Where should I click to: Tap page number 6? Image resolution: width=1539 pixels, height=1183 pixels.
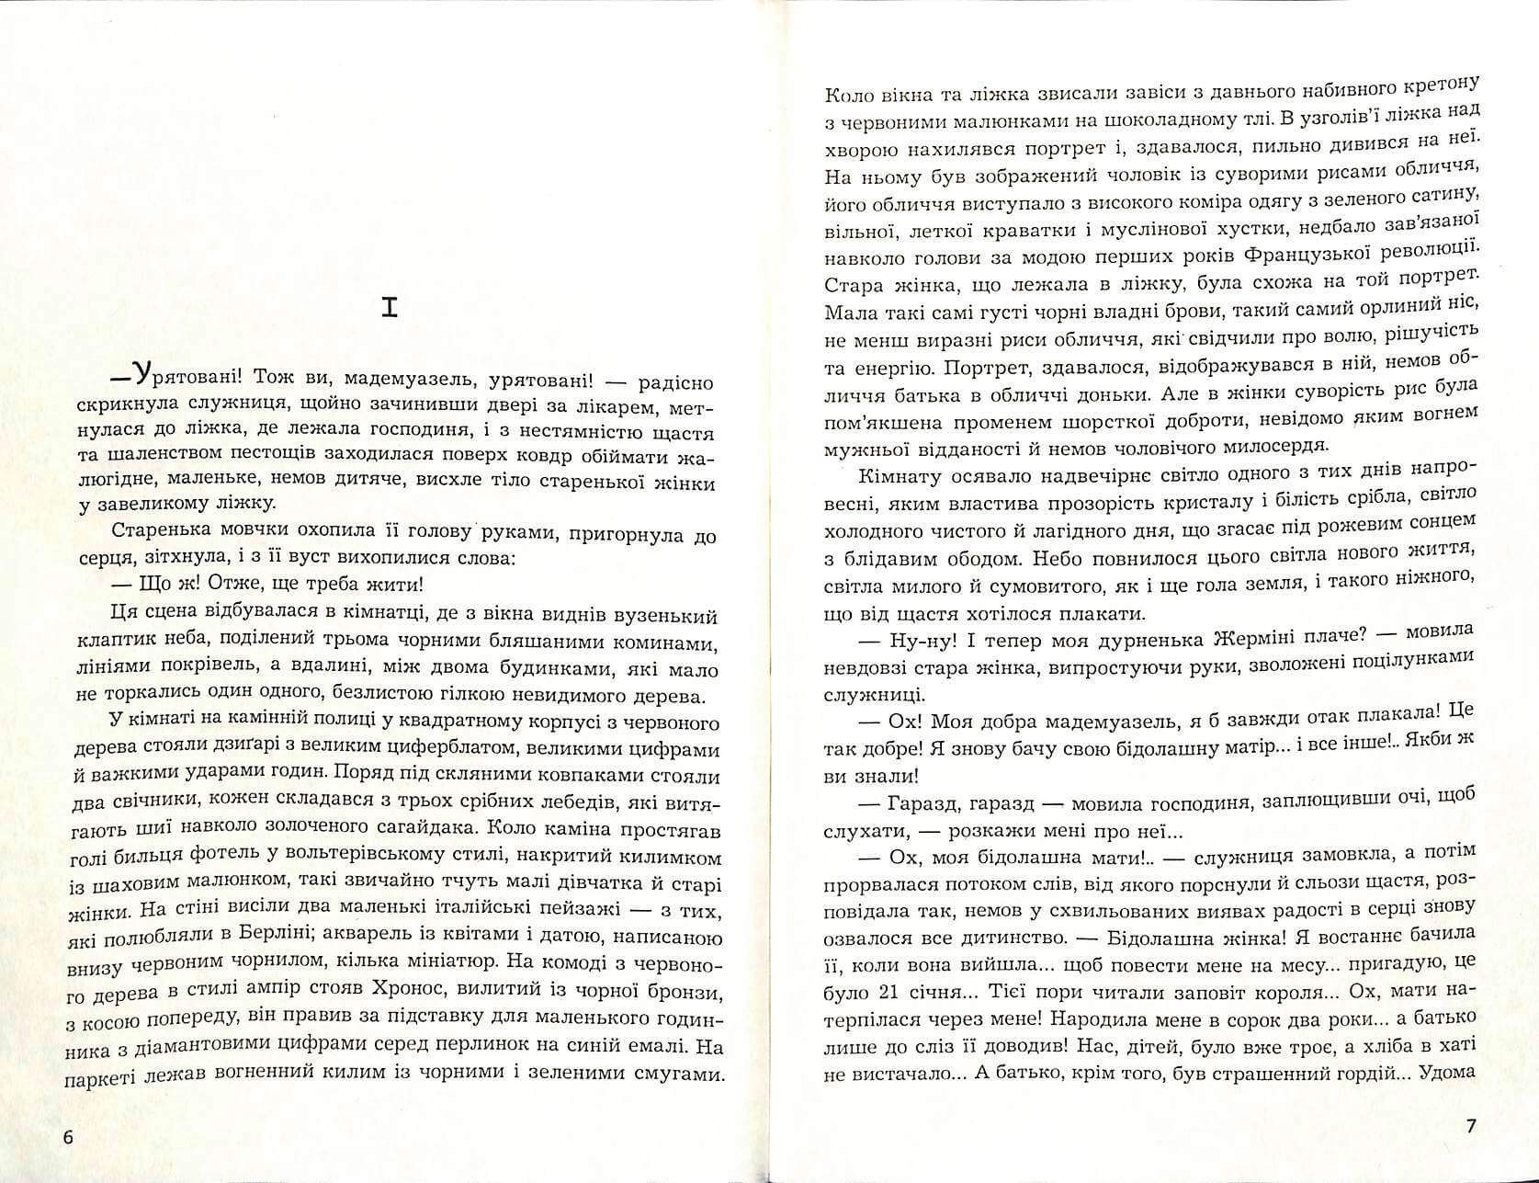tap(68, 1137)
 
